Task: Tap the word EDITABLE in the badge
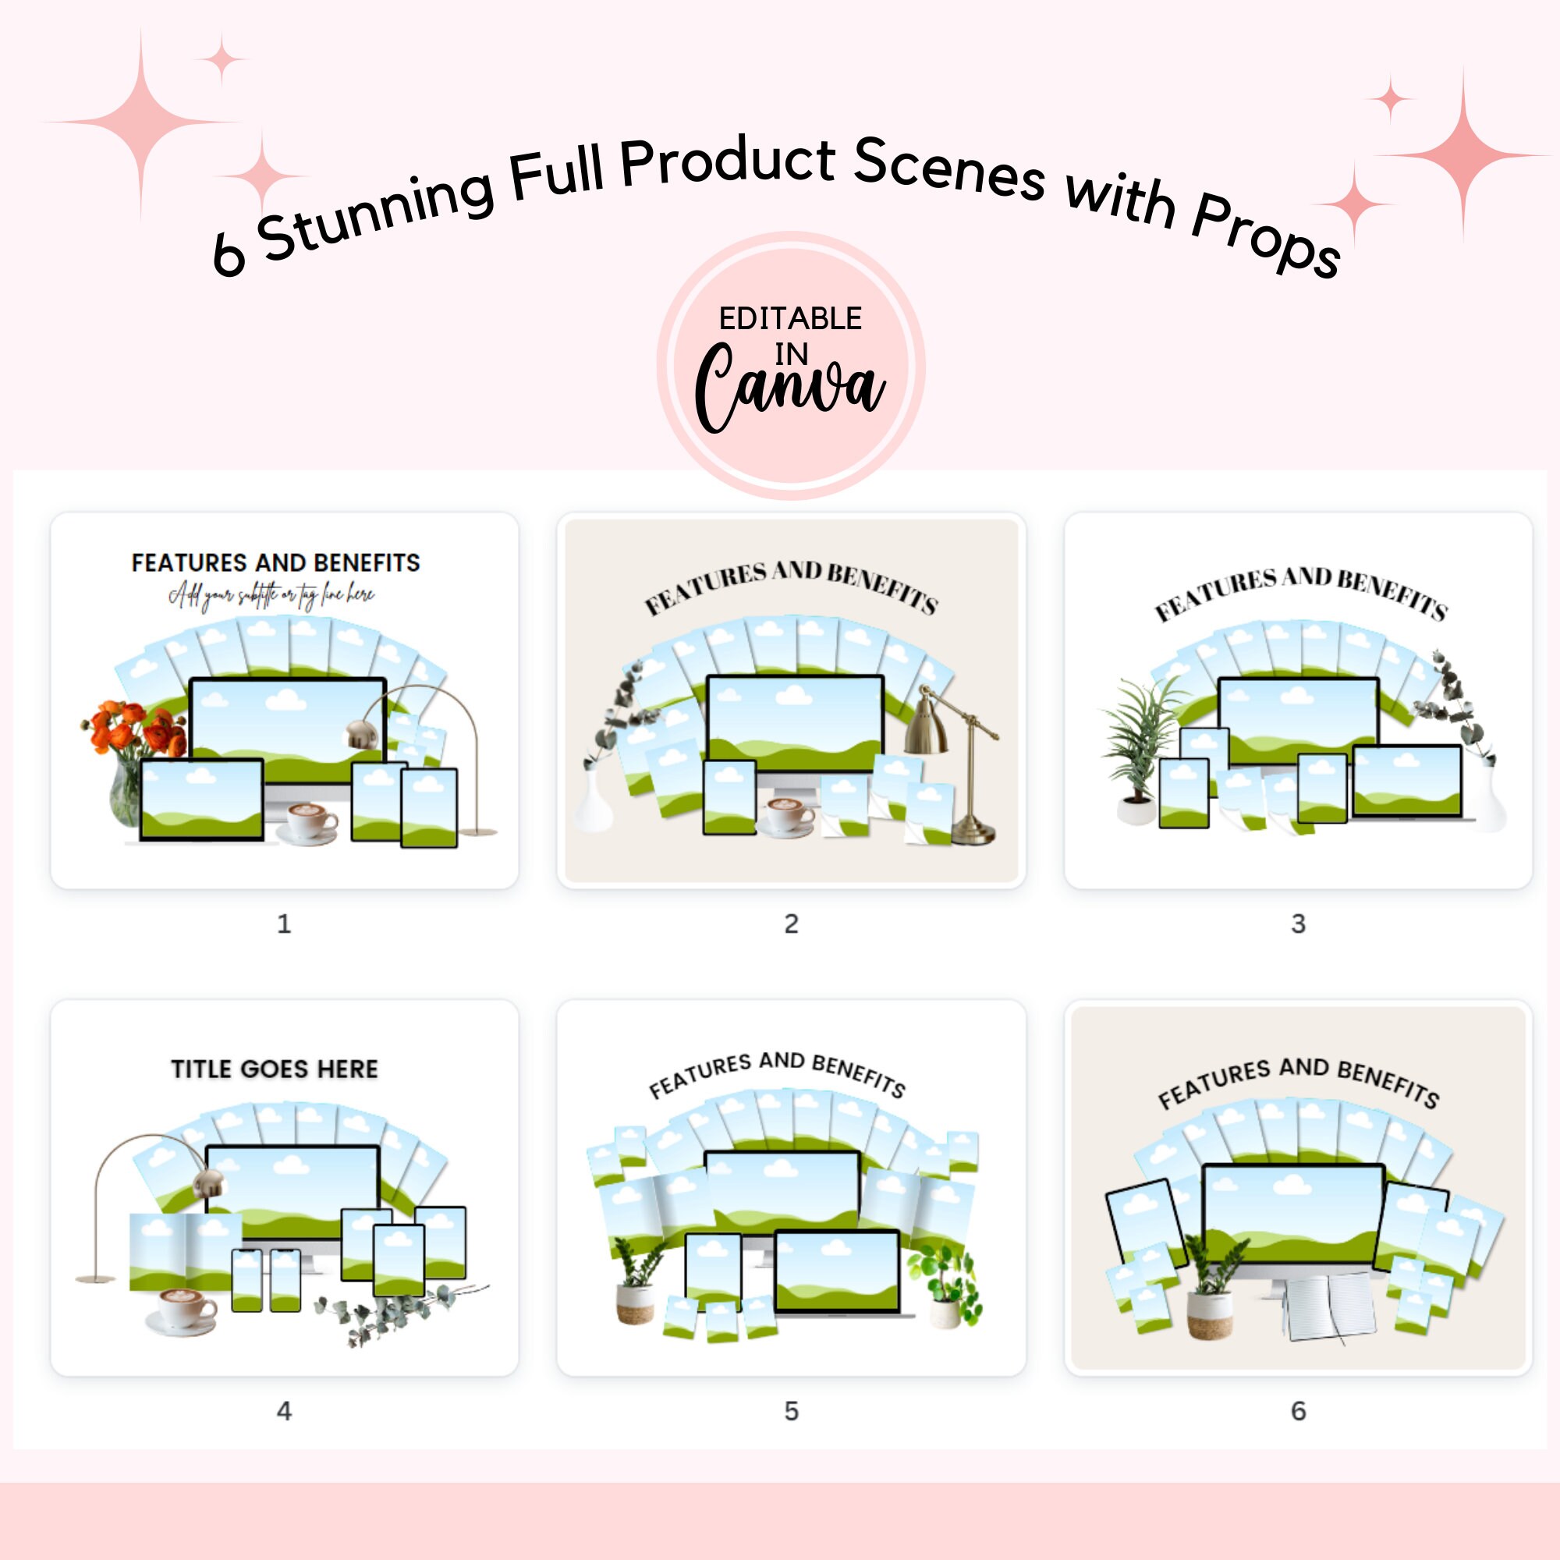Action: tap(789, 319)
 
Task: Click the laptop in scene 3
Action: tap(1407, 783)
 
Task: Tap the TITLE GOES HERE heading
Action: tap(275, 1069)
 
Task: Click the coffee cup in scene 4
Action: tap(182, 1309)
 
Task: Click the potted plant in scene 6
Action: tap(1209, 1292)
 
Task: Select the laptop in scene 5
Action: tap(837, 1274)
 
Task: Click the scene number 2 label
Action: tap(791, 924)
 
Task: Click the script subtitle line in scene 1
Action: tap(271, 596)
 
